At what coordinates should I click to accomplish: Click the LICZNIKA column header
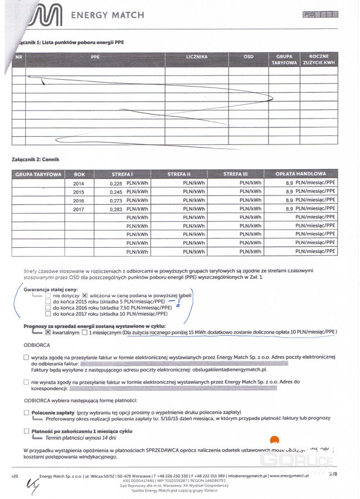(196, 57)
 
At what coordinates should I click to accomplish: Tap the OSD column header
(248, 57)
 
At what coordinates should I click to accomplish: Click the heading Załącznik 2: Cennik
(35, 159)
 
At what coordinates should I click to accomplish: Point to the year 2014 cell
(79, 184)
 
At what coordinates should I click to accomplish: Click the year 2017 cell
(79, 208)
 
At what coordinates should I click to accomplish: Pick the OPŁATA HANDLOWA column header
(300, 174)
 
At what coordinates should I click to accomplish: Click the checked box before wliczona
(85, 295)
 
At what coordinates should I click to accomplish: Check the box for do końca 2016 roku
(48, 307)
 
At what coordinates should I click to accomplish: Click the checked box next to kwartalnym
(48, 332)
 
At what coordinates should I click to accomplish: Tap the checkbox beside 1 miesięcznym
(85, 332)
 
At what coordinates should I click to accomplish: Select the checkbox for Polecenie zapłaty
(26, 413)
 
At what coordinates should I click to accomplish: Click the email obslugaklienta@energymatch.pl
(231, 370)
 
